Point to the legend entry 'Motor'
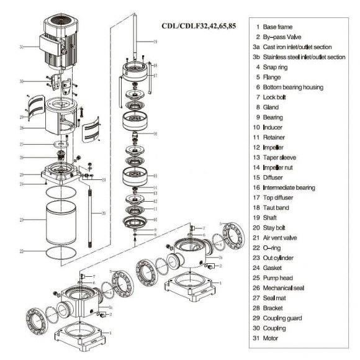(x=270, y=338)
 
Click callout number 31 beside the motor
(x=21, y=47)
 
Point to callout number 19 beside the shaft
(x=154, y=41)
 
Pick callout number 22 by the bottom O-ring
(x=22, y=251)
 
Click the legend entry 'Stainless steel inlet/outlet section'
(x=303, y=57)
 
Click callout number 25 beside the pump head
(x=22, y=174)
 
